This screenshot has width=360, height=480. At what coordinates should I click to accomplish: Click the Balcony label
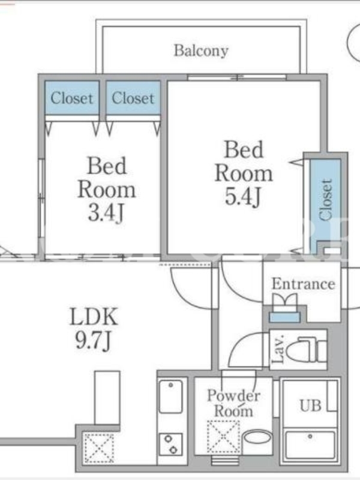(x=201, y=51)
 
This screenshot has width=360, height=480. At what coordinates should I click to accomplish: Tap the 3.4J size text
(x=106, y=213)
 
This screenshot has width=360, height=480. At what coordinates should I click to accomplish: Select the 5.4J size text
(x=243, y=196)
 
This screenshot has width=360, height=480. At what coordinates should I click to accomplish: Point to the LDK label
(x=94, y=317)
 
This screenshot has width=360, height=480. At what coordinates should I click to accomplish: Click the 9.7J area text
(x=93, y=340)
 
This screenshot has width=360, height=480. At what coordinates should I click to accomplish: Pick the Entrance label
(x=303, y=284)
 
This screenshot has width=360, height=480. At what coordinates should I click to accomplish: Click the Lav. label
(x=278, y=349)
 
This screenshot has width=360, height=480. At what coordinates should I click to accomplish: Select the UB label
(x=310, y=406)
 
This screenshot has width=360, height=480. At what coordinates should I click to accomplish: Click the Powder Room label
(x=233, y=403)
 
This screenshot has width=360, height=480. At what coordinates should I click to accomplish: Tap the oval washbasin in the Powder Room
(x=258, y=437)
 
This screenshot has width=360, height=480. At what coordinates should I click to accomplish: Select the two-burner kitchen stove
(x=171, y=445)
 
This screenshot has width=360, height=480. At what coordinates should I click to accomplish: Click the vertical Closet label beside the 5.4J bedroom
(x=326, y=200)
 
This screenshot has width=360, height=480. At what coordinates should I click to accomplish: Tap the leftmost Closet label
(x=71, y=98)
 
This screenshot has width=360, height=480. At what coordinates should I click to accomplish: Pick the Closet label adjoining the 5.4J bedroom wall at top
(x=133, y=98)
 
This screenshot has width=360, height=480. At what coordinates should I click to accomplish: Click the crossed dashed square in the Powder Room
(x=223, y=437)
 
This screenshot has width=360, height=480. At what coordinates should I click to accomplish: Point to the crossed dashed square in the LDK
(x=99, y=448)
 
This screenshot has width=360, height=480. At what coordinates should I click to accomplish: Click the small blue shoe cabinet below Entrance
(x=284, y=317)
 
